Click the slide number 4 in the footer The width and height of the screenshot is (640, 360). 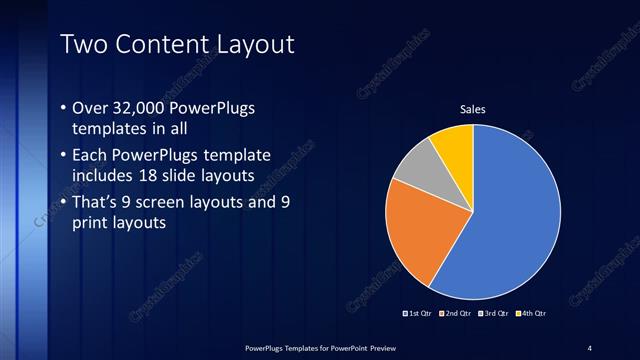(x=589, y=347)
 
